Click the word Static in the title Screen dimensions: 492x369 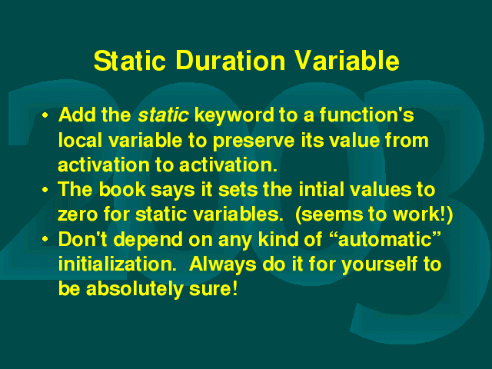pos(130,60)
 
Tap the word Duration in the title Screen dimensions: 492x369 pos(231,60)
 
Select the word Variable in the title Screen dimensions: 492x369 pos(347,60)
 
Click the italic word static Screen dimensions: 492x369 pos(163,115)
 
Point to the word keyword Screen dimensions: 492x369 pos(234,116)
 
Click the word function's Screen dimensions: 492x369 pos(367,115)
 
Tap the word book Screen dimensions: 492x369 pos(122,189)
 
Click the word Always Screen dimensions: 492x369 pos(223,265)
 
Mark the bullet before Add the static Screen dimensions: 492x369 pos(45,115)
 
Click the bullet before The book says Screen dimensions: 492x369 pos(45,190)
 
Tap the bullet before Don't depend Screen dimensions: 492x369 pos(45,240)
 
